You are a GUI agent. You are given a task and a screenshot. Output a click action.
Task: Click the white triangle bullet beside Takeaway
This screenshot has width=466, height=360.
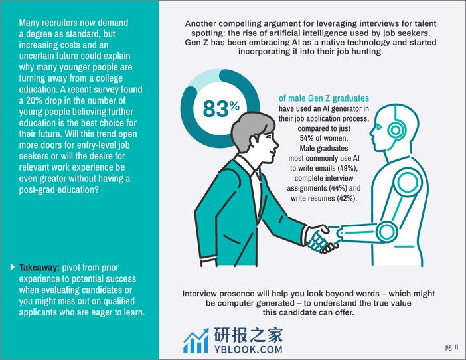(12, 267)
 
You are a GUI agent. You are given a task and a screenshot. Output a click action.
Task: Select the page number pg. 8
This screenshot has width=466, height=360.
(452, 347)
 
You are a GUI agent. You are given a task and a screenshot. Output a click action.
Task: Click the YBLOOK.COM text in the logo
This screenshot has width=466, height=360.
(248, 349)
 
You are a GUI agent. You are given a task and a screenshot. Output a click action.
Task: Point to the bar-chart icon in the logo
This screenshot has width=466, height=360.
(196, 341)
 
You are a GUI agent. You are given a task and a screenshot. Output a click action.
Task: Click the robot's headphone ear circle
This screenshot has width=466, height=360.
(395, 130)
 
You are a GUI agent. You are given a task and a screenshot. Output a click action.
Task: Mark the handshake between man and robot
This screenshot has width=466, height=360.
(323, 238)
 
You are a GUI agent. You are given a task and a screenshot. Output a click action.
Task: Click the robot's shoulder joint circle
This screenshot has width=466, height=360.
(408, 182)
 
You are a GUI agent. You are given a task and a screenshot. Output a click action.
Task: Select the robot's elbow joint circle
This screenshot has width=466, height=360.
(386, 232)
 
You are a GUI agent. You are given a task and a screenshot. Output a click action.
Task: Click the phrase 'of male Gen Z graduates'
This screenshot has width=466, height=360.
(324, 98)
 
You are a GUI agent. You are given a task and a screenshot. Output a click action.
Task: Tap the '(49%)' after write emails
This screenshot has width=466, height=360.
(347, 168)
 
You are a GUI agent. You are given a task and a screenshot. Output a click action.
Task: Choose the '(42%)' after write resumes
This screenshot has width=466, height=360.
(347, 199)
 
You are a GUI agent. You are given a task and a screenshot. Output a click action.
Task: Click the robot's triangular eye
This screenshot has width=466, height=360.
(379, 128)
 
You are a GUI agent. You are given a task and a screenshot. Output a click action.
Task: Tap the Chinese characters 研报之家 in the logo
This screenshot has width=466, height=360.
(248, 335)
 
